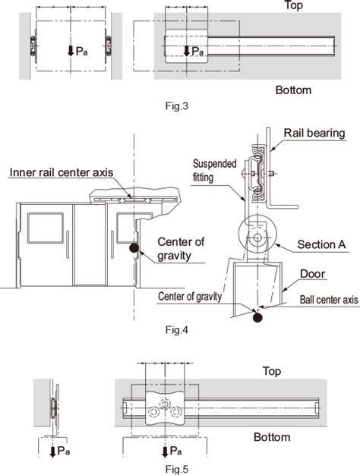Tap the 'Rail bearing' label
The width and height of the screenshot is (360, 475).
(x=314, y=133)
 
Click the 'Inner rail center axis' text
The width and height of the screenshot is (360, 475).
(x=60, y=172)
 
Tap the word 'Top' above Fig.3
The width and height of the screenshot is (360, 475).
(x=293, y=5)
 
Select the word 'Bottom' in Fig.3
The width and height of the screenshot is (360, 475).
(x=293, y=90)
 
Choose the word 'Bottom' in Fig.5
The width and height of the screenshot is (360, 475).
(x=272, y=437)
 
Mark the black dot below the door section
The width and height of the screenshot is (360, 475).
(x=258, y=316)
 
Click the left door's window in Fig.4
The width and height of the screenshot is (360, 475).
(x=46, y=228)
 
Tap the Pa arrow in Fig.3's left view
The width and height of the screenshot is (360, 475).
(x=70, y=51)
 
